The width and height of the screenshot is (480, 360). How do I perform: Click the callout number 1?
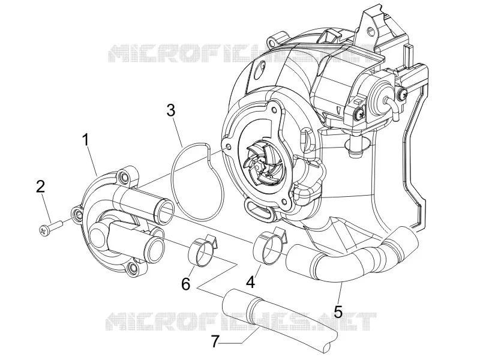click(86, 140)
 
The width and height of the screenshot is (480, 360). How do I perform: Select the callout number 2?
click(40, 187)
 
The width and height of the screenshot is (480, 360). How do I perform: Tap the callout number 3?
click(171, 110)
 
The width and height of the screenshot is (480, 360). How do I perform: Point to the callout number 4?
click(250, 282)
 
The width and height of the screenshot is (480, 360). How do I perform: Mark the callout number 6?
click(186, 284)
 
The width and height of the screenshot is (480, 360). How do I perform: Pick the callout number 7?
click(215, 341)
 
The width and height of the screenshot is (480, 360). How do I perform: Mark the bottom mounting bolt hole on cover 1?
click(133, 268)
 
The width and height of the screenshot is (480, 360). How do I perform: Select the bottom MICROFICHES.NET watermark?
click(241, 322)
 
